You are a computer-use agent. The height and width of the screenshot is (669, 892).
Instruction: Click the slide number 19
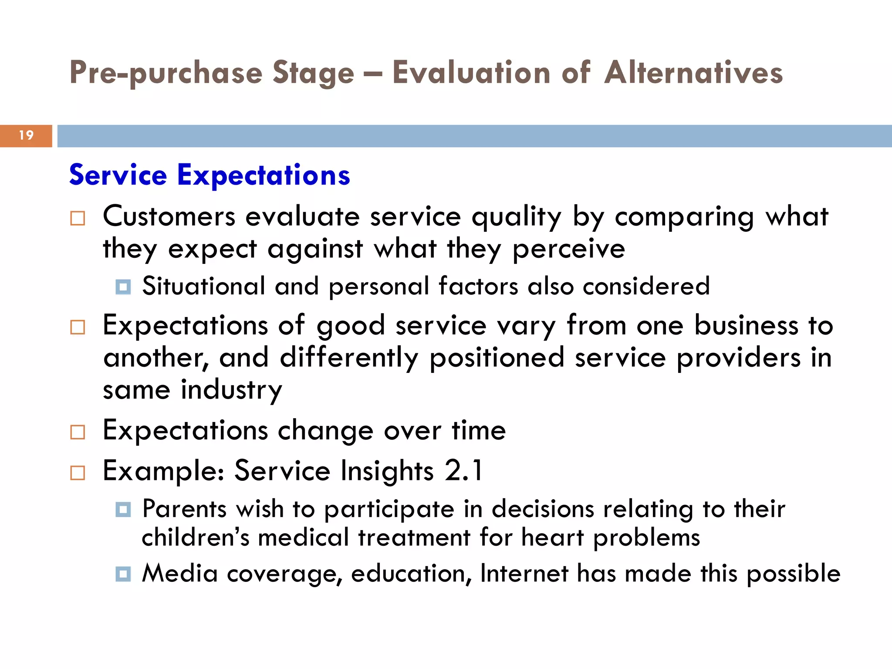(26, 135)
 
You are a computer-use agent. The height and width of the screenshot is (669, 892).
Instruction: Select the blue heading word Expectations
(264, 175)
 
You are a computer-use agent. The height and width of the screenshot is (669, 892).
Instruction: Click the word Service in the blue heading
(118, 175)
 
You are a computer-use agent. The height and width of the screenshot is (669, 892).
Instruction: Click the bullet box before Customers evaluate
(78, 218)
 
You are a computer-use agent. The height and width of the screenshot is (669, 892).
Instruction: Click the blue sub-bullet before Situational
(123, 287)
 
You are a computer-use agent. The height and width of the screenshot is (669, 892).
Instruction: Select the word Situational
(203, 287)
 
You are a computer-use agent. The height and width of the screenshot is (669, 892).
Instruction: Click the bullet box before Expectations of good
(78, 327)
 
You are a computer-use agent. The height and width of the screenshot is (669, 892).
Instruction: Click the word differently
(349, 358)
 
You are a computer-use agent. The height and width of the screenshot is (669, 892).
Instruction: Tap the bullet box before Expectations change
(78, 432)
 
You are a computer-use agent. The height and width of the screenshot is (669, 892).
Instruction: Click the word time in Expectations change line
(478, 430)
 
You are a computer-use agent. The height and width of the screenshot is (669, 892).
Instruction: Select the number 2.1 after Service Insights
(464, 471)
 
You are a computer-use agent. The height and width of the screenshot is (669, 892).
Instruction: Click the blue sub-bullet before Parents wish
(123, 509)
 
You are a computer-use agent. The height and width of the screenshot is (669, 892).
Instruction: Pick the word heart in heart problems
(552, 537)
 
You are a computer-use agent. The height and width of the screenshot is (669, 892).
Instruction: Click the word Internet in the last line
(524, 573)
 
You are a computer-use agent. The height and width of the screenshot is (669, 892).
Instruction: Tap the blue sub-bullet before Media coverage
(123, 574)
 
